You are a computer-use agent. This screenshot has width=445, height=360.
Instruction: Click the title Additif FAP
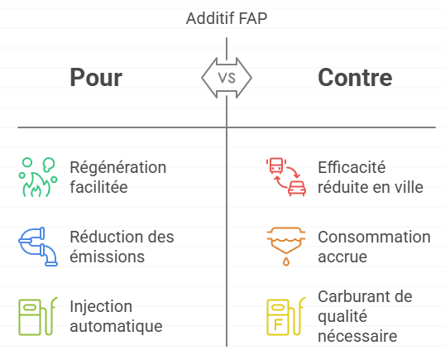click(x=227, y=18)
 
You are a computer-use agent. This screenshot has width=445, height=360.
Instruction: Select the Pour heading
click(x=96, y=78)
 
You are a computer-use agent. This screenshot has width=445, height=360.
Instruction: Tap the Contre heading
click(x=355, y=77)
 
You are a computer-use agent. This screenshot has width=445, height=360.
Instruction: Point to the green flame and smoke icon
click(x=38, y=177)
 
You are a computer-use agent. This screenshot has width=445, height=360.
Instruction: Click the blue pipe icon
click(x=38, y=247)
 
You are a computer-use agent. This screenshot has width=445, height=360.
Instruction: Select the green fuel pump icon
click(x=38, y=316)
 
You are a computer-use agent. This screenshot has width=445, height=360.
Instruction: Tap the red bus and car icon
click(x=286, y=177)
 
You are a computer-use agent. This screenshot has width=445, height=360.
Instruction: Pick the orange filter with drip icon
click(x=286, y=247)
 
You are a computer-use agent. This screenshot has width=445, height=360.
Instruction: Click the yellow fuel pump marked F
click(x=286, y=316)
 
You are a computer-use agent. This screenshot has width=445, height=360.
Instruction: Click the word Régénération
click(x=118, y=168)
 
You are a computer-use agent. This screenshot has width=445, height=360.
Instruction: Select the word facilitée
click(x=98, y=187)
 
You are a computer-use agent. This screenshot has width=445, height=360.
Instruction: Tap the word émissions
click(x=108, y=257)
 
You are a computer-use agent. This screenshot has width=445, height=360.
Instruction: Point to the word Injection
click(x=101, y=307)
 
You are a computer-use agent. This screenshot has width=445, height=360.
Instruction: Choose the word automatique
click(x=116, y=327)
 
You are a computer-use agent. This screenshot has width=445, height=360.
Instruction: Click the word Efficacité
click(x=352, y=167)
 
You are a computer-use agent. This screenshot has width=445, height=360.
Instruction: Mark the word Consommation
click(x=374, y=237)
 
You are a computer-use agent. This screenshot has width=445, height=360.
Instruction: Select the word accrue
click(x=342, y=257)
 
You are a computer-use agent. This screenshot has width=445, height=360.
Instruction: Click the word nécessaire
click(x=357, y=336)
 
